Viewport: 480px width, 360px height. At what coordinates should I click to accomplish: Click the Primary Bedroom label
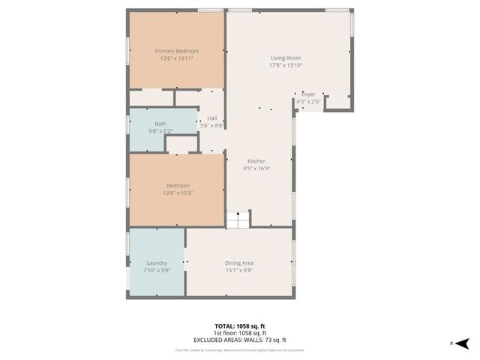pyautogui.click(x=176, y=51)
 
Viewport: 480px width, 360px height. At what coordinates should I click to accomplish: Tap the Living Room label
pyautogui.click(x=286, y=58)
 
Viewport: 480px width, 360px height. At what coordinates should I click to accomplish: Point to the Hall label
pyautogui.click(x=212, y=118)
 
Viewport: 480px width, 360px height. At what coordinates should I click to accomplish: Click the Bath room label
pyautogui.click(x=161, y=124)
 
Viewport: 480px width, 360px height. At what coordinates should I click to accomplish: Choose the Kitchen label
pyautogui.click(x=257, y=161)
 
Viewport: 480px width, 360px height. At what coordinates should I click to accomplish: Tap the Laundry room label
pyautogui.click(x=157, y=262)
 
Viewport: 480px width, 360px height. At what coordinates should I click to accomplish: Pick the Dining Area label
pyautogui.click(x=239, y=262)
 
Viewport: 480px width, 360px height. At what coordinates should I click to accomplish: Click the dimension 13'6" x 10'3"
pyautogui.click(x=177, y=193)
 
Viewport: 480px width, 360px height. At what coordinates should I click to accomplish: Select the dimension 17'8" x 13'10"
pyautogui.click(x=286, y=66)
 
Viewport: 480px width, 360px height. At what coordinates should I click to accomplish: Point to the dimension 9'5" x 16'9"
pyautogui.click(x=257, y=169)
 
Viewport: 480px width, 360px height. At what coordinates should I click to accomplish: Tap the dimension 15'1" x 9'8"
pyautogui.click(x=239, y=270)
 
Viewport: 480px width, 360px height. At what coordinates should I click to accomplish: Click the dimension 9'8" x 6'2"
pyautogui.click(x=161, y=131)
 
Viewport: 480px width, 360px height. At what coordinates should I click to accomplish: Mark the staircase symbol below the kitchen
pyautogui.click(x=238, y=219)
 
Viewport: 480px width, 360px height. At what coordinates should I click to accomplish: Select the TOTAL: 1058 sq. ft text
pyautogui.click(x=240, y=326)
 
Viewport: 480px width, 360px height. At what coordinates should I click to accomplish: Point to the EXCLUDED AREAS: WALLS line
pyautogui.click(x=240, y=340)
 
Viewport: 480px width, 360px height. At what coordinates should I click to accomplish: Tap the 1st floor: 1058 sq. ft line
pyautogui.click(x=240, y=333)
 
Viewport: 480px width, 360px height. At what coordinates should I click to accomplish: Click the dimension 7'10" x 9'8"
pyautogui.click(x=157, y=270)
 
